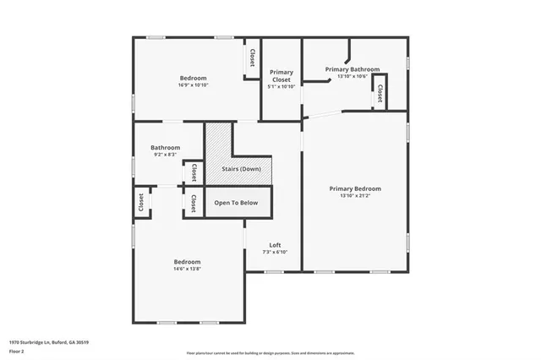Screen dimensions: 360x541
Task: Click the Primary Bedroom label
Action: point(355,188)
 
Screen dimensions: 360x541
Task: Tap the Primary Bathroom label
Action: point(352,69)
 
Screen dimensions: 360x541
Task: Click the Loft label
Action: point(275,245)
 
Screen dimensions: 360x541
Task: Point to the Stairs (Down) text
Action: point(241,169)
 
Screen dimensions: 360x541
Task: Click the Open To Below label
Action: point(236,203)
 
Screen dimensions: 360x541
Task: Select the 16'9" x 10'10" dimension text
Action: point(193,85)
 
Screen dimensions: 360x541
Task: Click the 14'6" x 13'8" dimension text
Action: point(187,269)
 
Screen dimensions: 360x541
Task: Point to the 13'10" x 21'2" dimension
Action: point(355,195)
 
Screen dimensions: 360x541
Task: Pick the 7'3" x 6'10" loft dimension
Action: point(275,252)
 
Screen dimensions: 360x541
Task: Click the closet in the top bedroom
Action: point(252,58)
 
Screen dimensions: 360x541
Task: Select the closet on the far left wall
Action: point(141,203)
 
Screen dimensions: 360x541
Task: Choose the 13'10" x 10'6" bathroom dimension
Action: point(352,76)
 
